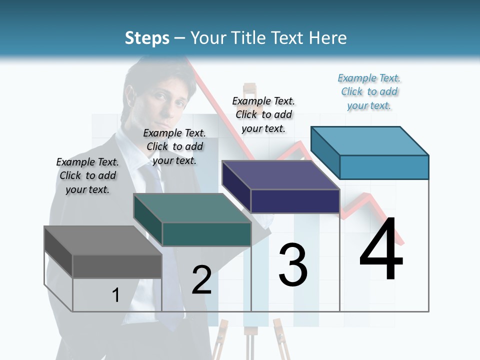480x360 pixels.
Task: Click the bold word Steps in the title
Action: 147,38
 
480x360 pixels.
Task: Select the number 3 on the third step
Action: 293,265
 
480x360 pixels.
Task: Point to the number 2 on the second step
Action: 202,280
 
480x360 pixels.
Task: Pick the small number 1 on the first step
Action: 116,295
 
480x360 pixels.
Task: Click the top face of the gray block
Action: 102,240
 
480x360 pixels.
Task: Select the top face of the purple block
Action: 280,175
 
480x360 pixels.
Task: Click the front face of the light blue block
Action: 384,167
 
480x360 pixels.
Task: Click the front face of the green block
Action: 206,234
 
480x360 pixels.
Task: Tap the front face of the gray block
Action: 117,266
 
